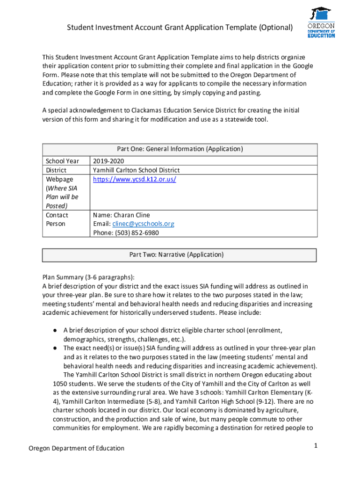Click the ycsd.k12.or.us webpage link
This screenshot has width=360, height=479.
coord(134,179)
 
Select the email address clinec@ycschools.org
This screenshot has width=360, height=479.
coord(144,224)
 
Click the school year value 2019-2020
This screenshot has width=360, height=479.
coord(108,161)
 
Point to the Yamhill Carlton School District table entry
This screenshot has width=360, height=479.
coord(136,170)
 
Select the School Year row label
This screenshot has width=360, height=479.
coord(62,161)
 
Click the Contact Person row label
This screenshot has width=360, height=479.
coord(57,219)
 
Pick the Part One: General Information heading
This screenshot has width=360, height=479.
coord(180,149)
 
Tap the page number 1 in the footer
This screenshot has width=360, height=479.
coord(316,446)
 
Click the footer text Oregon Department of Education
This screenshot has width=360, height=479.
coord(77,448)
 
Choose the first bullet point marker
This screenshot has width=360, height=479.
coord(55,331)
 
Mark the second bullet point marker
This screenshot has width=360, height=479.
coord(55,348)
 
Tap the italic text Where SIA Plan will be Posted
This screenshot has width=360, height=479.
coord(62,197)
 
